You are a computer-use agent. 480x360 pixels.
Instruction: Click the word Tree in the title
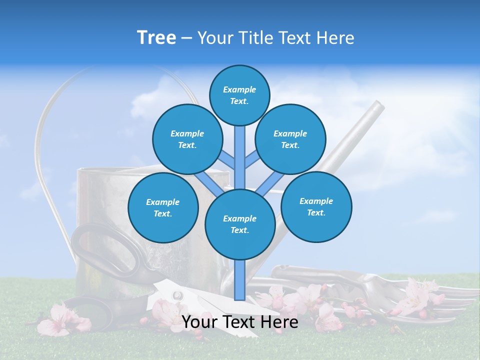tap(156, 38)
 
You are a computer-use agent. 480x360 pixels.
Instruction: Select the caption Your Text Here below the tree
tap(239, 322)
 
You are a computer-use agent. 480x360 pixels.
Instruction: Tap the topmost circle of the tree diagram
tap(239, 95)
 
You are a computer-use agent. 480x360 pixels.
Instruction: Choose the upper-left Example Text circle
tap(187, 139)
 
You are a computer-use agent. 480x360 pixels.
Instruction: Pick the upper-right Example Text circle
tap(290, 139)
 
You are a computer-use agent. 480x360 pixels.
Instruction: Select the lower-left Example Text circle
tap(162, 207)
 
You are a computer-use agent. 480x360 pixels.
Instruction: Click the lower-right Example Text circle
tap(316, 206)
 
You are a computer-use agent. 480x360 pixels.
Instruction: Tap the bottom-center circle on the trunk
tap(240, 224)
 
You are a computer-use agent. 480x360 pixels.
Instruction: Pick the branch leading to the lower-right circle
tap(265, 185)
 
